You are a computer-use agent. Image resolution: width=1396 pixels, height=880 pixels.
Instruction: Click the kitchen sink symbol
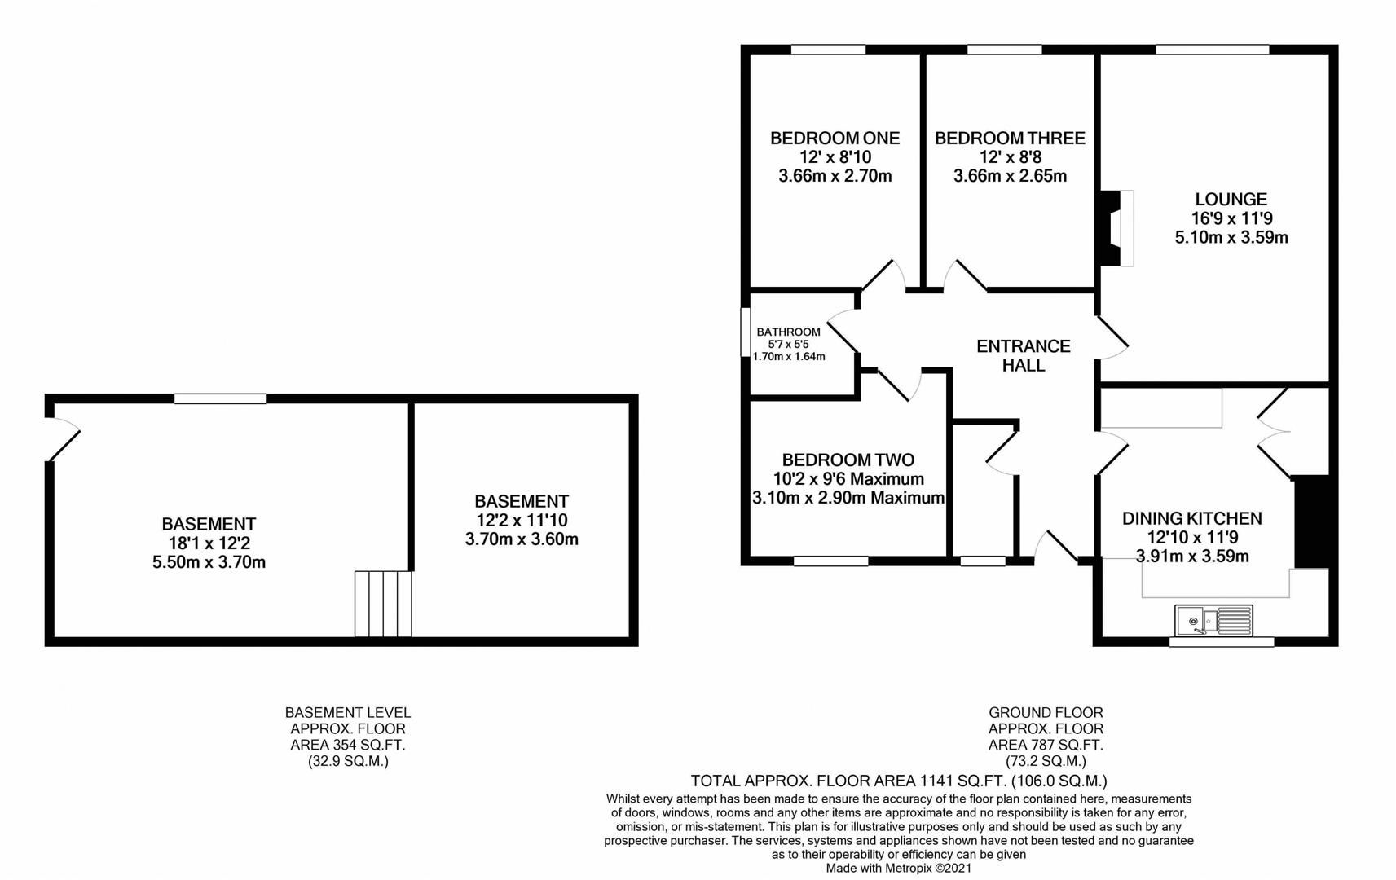click(1213, 621)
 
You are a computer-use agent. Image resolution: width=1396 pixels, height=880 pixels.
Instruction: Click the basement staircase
click(383, 604)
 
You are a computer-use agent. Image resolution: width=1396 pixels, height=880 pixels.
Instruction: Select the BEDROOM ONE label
click(835, 139)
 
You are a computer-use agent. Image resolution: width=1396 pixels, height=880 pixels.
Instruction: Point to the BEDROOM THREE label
click(1010, 139)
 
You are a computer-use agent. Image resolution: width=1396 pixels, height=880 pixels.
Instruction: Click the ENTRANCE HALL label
click(1024, 356)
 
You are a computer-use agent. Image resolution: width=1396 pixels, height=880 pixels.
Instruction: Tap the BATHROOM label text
click(788, 332)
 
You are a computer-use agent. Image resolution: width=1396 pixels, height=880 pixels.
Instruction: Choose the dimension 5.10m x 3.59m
click(1231, 238)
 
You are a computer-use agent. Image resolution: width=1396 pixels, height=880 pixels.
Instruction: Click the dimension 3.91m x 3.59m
click(1192, 557)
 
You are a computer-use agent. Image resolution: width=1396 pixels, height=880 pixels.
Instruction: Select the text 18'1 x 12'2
click(209, 543)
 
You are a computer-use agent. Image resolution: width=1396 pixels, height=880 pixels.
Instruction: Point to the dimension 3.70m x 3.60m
click(522, 539)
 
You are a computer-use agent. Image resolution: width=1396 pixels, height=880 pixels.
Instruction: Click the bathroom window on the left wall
click(745, 332)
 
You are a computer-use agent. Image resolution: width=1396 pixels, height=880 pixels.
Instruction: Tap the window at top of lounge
click(1212, 51)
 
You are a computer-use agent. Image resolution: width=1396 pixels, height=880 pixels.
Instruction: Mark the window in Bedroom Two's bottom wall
click(830, 561)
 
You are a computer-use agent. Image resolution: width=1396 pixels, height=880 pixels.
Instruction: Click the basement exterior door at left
click(64, 440)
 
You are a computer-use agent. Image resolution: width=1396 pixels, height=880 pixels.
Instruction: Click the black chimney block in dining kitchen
click(1312, 521)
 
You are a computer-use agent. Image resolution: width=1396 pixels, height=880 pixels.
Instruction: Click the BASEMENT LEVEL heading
click(348, 712)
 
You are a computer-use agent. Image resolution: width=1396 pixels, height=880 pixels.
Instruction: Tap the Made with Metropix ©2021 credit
click(899, 869)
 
